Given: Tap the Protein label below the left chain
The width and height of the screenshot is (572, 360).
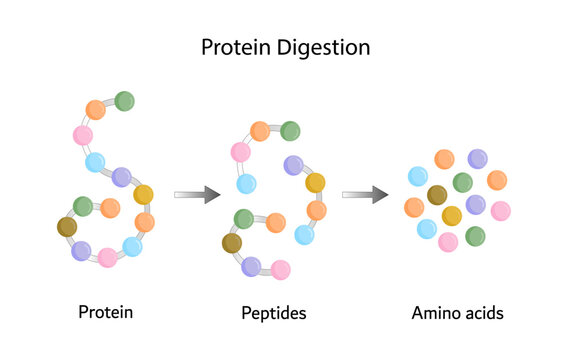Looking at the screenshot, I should click(x=106, y=312).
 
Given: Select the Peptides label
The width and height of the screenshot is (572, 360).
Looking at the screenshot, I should click(x=273, y=313).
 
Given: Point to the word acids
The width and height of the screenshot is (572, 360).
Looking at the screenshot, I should click(x=483, y=313).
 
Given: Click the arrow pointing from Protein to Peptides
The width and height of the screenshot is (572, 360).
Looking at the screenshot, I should click(x=196, y=195).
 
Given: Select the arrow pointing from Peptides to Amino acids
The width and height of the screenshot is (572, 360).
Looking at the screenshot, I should click(x=365, y=195).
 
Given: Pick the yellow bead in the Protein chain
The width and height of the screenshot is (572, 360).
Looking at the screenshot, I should click(x=144, y=194).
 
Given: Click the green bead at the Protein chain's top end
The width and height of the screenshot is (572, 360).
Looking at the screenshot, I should click(x=125, y=101).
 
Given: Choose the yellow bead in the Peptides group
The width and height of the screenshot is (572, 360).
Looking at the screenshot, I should click(x=316, y=183).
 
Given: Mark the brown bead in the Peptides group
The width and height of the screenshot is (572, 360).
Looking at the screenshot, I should click(x=232, y=242).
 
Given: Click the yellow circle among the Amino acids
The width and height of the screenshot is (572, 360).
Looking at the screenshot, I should click(x=452, y=215).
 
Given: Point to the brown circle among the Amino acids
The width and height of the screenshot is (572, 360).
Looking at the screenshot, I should click(x=437, y=195).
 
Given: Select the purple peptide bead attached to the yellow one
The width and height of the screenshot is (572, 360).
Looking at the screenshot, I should click(x=293, y=165).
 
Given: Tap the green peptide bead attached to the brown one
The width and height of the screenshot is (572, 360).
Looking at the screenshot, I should click(x=244, y=218).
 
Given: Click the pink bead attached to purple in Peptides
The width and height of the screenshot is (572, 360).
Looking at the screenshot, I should click(x=281, y=269).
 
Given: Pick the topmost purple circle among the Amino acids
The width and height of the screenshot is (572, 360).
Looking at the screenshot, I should click(x=478, y=158).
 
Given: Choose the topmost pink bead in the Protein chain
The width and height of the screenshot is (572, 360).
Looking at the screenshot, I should click(x=83, y=135).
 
